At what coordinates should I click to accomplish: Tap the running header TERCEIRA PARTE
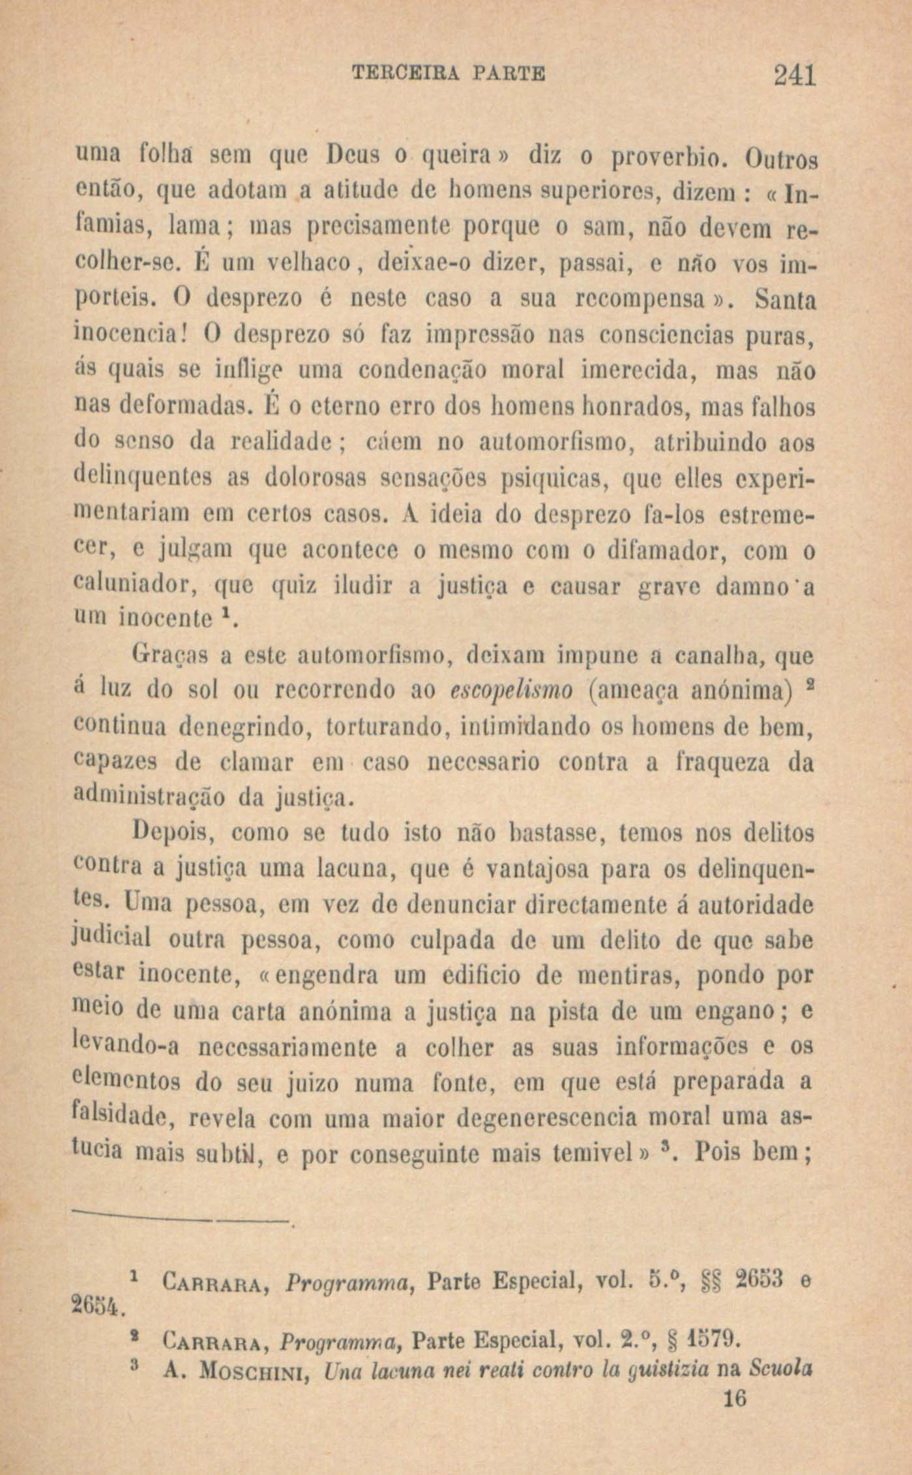click(x=449, y=73)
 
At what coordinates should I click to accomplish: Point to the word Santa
click(x=785, y=302)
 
